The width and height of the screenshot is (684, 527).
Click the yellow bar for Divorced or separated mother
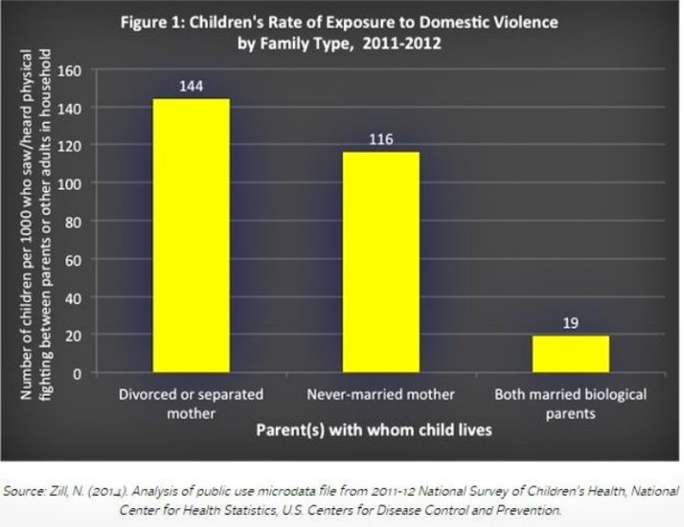click(x=191, y=235)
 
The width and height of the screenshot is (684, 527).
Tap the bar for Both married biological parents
click(x=570, y=353)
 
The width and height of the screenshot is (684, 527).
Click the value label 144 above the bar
click(x=191, y=87)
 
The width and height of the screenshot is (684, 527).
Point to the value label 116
click(x=381, y=140)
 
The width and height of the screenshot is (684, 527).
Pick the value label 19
click(x=570, y=324)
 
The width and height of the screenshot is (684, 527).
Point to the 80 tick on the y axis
click(x=72, y=222)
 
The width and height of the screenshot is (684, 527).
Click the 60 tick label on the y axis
click(x=72, y=260)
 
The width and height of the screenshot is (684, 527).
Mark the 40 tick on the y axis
click(x=72, y=297)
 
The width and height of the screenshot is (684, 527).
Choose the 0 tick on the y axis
click(x=76, y=373)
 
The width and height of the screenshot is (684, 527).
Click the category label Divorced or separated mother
click(x=191, y=401)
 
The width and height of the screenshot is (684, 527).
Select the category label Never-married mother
click(x=381, y=393)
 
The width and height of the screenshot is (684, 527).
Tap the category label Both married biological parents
click(x=570, y=401)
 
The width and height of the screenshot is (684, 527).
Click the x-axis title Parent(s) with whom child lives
click(x=374, y=431)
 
